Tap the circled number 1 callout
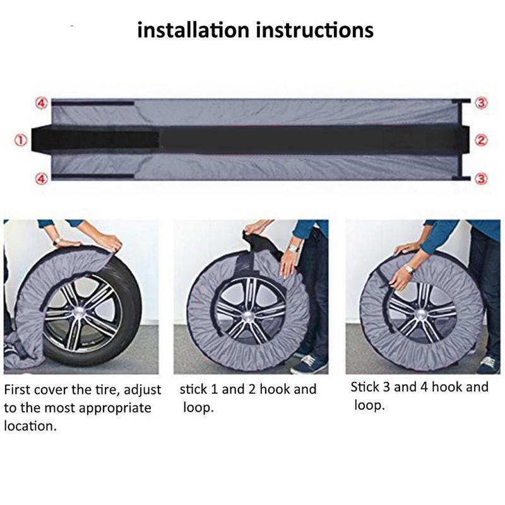coord(20,141)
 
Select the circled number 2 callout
coord(481,141)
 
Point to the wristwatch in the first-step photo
coord(56,241)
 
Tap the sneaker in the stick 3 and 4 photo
coord(487,364)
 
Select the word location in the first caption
coord(29,426)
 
